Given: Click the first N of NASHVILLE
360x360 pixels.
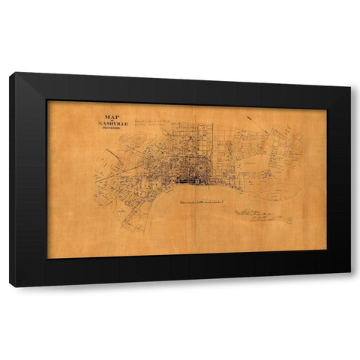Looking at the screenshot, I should click(x=100, y=123).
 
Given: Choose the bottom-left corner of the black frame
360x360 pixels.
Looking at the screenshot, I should click(x=10, y=286).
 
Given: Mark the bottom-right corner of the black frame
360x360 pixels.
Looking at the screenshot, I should click(x=349, y=271).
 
